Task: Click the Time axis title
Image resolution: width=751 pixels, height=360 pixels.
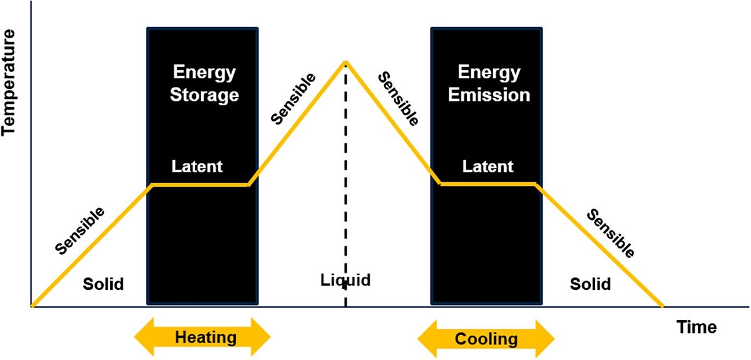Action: coord(696,327)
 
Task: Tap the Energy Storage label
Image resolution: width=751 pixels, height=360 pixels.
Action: coord(205,84)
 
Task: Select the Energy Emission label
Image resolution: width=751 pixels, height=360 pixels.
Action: coord(489,84)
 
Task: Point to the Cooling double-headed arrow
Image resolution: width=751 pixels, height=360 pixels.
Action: coord(486,339)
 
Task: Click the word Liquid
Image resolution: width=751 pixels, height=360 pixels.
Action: coord(345,279)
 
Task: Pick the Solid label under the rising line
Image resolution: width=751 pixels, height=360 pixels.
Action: coord(103,284)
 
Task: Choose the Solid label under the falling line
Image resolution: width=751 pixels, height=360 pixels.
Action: coord(590,284)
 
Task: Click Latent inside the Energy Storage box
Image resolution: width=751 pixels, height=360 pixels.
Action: coord(197,167)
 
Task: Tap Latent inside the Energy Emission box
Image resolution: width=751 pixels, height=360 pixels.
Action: coord(488,167)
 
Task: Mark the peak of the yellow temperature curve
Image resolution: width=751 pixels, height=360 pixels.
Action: coord(345,62)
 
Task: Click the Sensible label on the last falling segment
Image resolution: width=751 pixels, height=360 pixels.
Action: coord(611,234)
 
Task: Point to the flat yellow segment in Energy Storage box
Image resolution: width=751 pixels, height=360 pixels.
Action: coord(200,185)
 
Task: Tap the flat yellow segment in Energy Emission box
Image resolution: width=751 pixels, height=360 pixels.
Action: coord(488,184)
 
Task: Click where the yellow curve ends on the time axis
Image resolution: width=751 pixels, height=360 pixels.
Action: coord(663,306)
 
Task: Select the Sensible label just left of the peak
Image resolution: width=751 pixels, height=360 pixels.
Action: coord(293,98)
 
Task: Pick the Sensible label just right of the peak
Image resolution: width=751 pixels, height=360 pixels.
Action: coord(398,99)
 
